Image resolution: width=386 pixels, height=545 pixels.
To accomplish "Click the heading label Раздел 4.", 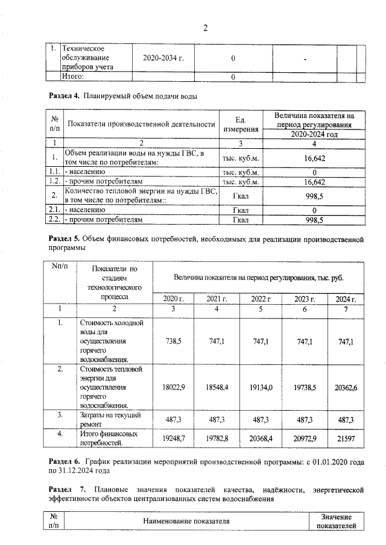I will click(x=65, y=96).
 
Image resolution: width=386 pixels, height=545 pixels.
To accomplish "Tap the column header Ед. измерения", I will click(x=241, y=125).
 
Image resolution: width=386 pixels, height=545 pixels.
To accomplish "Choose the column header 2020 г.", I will click(x=173, y=299).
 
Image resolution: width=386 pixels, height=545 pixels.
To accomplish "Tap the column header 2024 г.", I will click(x=346, y=299).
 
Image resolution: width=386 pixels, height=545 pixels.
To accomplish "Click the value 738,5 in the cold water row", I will click(x=173, y=341).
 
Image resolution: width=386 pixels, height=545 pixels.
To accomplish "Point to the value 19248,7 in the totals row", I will click(x=173, y=438).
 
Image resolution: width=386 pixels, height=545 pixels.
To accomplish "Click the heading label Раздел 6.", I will click(x=64, y=461).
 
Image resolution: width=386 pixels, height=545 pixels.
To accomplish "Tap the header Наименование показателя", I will click(x=186, y=521).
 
